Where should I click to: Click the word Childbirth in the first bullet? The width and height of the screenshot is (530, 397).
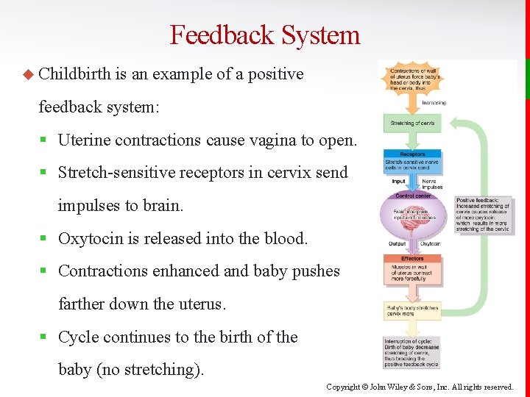point(74,74)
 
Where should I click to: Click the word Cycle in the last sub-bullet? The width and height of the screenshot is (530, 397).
point(78,337)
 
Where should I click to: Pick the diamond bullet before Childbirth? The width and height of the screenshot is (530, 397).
point(29,74)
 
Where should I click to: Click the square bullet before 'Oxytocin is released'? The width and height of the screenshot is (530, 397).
point(46,239)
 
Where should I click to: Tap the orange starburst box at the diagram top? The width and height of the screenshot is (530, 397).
point(412,76)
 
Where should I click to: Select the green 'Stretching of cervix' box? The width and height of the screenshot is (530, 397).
point(412,123)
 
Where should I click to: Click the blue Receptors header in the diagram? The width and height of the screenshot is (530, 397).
point(412,154)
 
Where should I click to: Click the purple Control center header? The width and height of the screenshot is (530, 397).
point(413,196)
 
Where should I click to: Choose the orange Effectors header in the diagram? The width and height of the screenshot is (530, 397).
point(412,259)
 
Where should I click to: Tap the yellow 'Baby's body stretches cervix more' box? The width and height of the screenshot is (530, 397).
point(412,310)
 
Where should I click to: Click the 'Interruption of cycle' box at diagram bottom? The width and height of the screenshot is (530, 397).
point(412,352)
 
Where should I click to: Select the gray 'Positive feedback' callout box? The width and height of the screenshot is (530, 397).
point(482,214)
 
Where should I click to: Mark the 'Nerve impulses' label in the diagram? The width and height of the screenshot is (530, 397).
point(431,184)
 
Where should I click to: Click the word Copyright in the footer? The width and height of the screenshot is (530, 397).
point(344,387)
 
